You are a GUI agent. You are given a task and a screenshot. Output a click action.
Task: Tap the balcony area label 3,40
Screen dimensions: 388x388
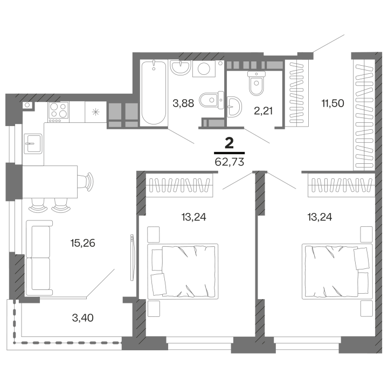tap(83, 317)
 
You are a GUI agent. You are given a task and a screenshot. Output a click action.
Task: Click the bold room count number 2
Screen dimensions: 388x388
tap(229, 142)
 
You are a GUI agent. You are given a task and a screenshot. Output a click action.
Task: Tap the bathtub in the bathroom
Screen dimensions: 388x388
tap(154, 92)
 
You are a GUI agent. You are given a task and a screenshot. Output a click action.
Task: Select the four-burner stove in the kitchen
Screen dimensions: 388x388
tap(59, 112)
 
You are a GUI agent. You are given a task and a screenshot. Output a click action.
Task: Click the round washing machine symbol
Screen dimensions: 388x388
tap(204, 68)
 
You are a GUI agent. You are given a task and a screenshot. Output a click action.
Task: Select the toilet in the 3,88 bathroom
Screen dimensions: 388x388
tap(207, 100)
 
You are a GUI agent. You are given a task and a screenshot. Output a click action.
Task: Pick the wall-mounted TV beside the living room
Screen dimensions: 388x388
tap(131, 257)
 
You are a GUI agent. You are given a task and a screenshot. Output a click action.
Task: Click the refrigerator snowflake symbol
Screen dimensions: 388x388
tap(96, 112)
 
